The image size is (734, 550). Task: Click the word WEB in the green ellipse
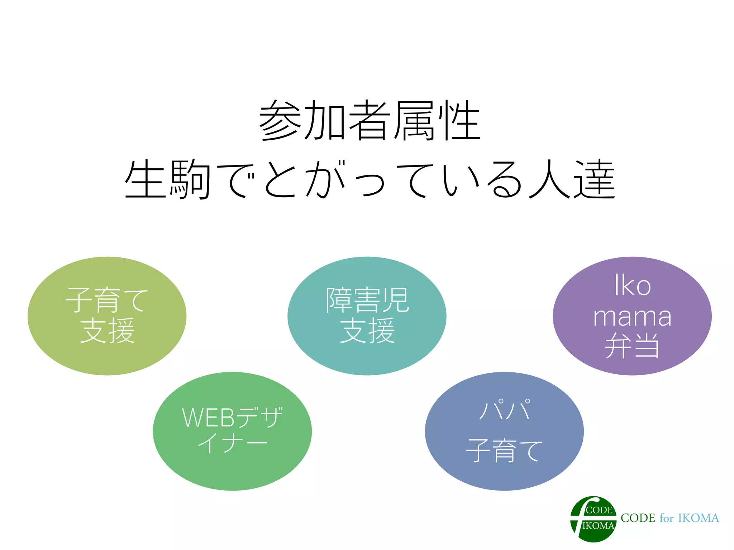click(x=208, y=418)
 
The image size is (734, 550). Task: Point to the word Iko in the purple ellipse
click(x=632, y=285)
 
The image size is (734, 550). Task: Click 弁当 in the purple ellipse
click(x=632, y=346)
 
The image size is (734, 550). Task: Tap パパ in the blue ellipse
click(x=505, y=410)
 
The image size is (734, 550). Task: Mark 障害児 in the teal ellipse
click(x=367, y=300)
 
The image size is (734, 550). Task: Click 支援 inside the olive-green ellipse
click(x=107, y=331)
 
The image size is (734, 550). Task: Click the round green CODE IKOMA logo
click(x=593, y=519)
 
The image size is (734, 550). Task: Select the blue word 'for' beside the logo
click(x=667, y=518)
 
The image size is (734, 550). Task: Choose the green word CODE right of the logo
click(x=638, y=518)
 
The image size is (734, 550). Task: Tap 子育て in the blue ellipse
click(x=504, y=450)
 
